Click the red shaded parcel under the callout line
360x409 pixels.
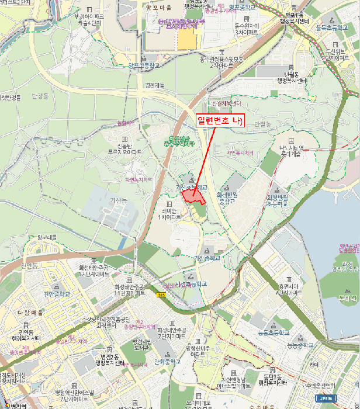point(193,195)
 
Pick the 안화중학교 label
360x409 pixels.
point(167,361)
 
